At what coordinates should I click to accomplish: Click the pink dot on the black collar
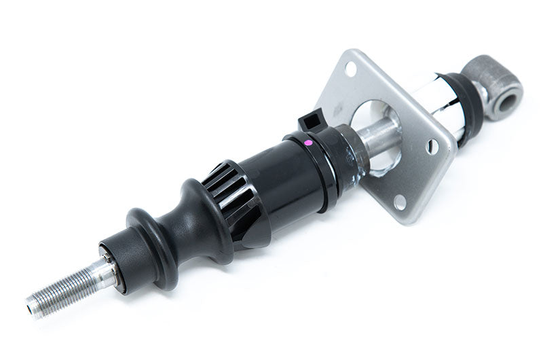309,143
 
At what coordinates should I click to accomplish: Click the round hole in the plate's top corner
351,68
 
